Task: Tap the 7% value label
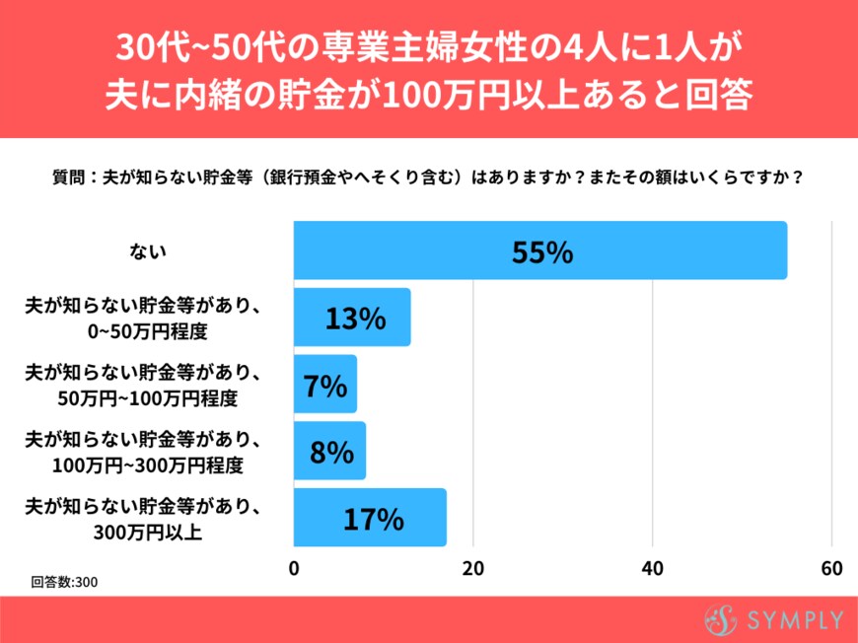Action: point(325,386)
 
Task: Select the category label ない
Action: point(148,251)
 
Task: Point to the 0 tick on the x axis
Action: point(294,569)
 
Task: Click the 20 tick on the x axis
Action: point(473,569)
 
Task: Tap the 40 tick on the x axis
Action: point(653,569)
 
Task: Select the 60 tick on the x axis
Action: point(831,569)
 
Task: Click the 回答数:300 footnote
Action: point(64,582)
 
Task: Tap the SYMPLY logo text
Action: point(795,620)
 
